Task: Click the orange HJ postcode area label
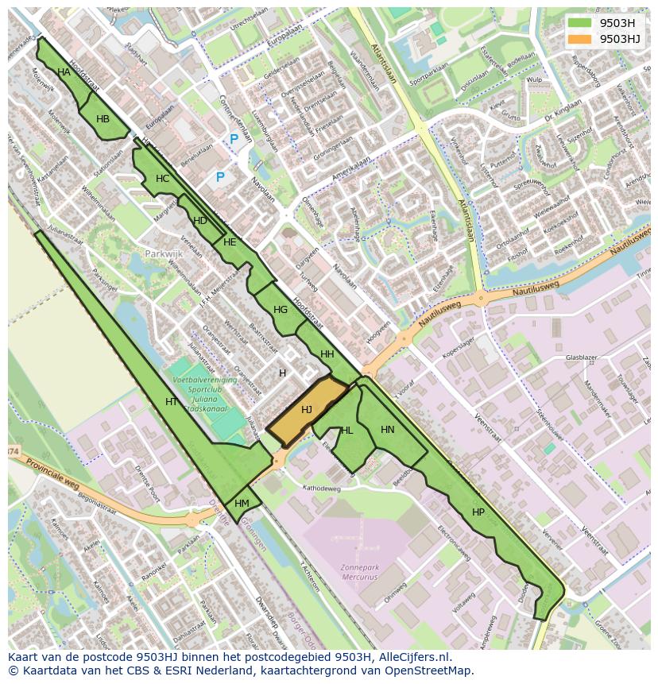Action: (306, 410)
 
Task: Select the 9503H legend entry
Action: (617, 22)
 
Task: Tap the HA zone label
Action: (64, 72)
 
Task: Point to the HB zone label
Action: (103, 119)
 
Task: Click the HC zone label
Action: (163, 179)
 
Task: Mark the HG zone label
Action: (280, 310)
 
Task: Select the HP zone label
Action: (478, 512)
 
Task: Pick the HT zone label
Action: (171, 402)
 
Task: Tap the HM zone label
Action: (242, 504)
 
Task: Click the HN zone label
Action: (387, 430)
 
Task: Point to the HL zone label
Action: (346, 431)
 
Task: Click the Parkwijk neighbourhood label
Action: (164, 254)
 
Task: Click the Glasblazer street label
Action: (581, 358)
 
